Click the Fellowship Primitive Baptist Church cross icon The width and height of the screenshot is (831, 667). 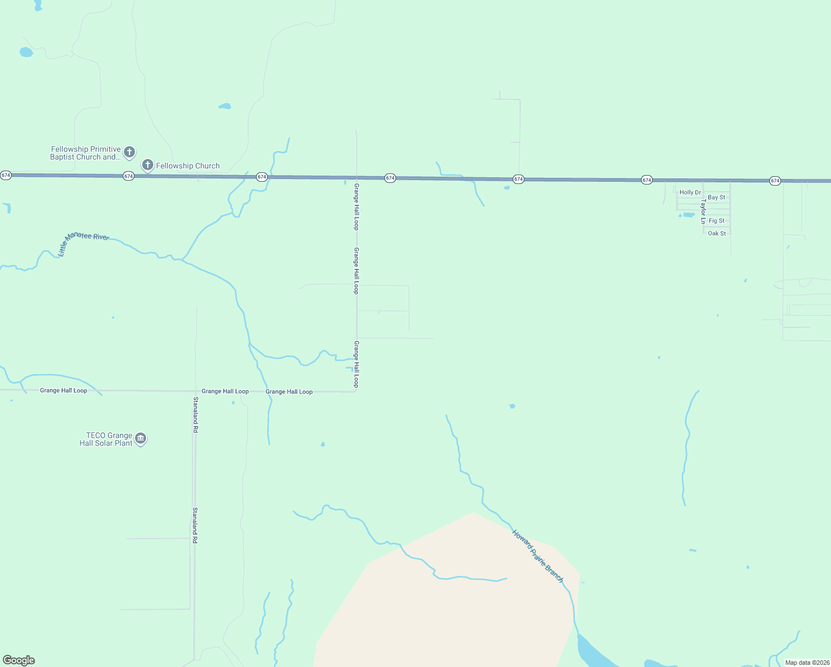click(x=129, y=152)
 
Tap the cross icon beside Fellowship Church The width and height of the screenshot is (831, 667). click(x=147, y=165)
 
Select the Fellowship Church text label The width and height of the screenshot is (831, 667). click(x=188, y=166)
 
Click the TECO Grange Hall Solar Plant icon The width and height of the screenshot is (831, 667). click(x=141, y=439)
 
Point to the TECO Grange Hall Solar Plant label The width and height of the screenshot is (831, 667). click(x=106, y=439)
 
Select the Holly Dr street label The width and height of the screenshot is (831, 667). click(x=690, y=192)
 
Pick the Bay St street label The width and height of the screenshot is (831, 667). click(x=716, y=197)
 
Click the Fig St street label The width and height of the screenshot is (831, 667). click(x=717, y=221)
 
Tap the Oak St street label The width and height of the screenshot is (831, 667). click(x=717, y=233)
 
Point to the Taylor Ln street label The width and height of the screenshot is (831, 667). click(x=703, y=212)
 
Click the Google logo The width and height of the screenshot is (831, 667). click(x=19, y=660)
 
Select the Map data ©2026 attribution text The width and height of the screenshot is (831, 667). click(x=807, y=663)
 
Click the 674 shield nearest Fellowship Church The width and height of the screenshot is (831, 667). click(x=128, y=176)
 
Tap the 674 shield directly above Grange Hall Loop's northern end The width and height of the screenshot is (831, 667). click(x=390, y=178)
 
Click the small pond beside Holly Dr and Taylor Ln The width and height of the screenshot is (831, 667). click(x=688, y=215)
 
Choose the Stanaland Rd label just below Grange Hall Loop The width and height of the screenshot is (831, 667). click(x=196, y=415)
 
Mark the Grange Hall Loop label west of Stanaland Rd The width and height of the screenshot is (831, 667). click(x=63, y=390)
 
